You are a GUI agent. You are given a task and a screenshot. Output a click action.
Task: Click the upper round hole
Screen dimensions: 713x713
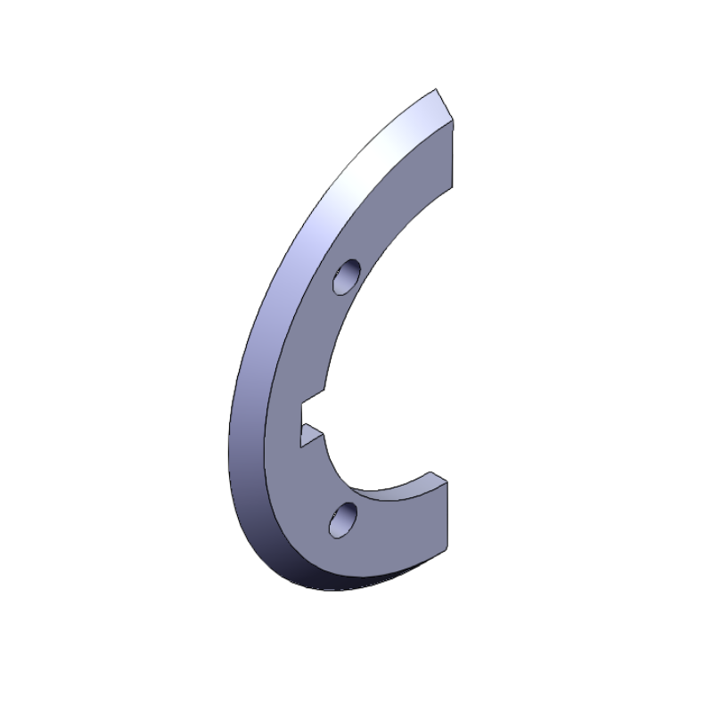click(x=345, y=277)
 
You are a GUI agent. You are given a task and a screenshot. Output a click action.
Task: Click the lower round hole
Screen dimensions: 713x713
click(x=342, y=519)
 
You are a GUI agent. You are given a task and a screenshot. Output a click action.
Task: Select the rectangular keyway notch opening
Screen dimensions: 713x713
click(x=312, y=414)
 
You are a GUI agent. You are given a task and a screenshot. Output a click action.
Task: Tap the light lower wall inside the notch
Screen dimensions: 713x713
click(x=311, y=435)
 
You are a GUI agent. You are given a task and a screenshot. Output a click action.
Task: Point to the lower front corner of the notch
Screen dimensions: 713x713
click(x=300, y=442)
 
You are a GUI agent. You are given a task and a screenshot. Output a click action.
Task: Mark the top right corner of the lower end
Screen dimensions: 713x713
click(x=448, y=481)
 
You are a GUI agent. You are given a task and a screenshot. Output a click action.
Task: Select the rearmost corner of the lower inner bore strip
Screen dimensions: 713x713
click(x=432, y=472)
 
